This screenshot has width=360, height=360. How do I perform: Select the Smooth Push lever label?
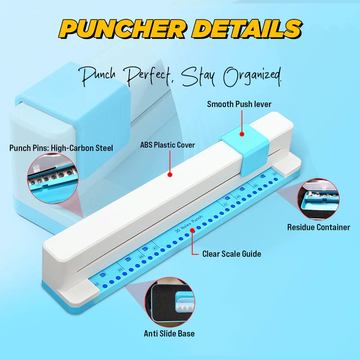[239, 104]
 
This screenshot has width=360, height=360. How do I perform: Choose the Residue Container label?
[319, 227]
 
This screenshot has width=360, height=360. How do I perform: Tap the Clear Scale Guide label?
[232, 254]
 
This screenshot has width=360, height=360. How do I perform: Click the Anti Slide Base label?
[169, 334]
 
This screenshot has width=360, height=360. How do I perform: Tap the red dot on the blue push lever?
[242, 134]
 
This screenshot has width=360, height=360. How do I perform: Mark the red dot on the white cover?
[170, 174]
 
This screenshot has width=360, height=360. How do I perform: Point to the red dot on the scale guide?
[193, 230]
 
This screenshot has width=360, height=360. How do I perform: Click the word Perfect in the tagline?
[148, 77]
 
